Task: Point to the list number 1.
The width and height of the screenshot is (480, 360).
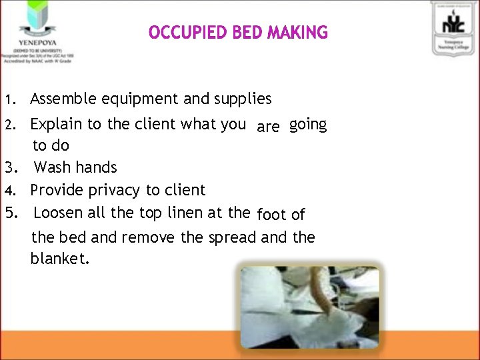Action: coord(9,100)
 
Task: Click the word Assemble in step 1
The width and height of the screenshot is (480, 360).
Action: coord(64,99)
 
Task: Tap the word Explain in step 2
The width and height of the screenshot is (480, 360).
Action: coord(56,124)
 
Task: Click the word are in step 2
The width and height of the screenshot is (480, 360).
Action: coord(268,127)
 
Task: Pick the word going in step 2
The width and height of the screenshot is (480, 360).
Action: coord(308,125)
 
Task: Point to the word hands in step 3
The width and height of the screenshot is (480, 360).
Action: coord(97,167)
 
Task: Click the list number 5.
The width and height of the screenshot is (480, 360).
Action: coord(9,213)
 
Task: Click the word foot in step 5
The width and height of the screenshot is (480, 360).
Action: coord(271,215)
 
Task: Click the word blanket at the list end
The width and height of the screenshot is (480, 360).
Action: coord(59,258)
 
